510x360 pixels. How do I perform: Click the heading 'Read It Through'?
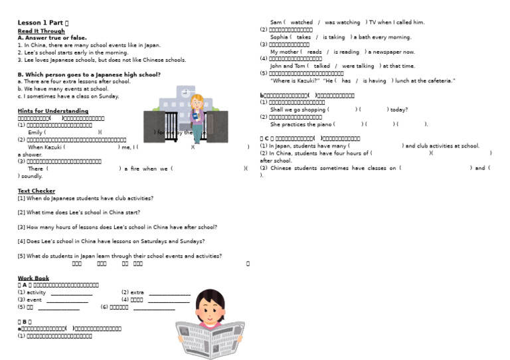[41, 31]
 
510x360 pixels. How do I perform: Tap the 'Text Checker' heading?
[37, 191]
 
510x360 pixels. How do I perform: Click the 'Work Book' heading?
[33, 278]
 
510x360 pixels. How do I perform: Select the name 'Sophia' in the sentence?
[280, 37]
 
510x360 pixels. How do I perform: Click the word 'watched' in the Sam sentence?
[301, 22]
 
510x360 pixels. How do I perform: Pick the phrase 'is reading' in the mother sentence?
[346, 52]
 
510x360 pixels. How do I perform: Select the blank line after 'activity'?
[72, 293]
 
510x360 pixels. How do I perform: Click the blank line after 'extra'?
[169, 293]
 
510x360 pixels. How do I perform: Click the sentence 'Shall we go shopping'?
[298, 110]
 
